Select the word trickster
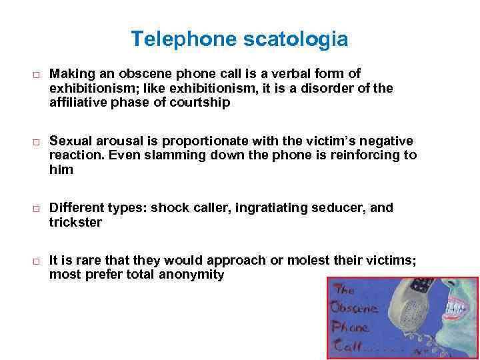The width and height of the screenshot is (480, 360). tap(75, 223)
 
